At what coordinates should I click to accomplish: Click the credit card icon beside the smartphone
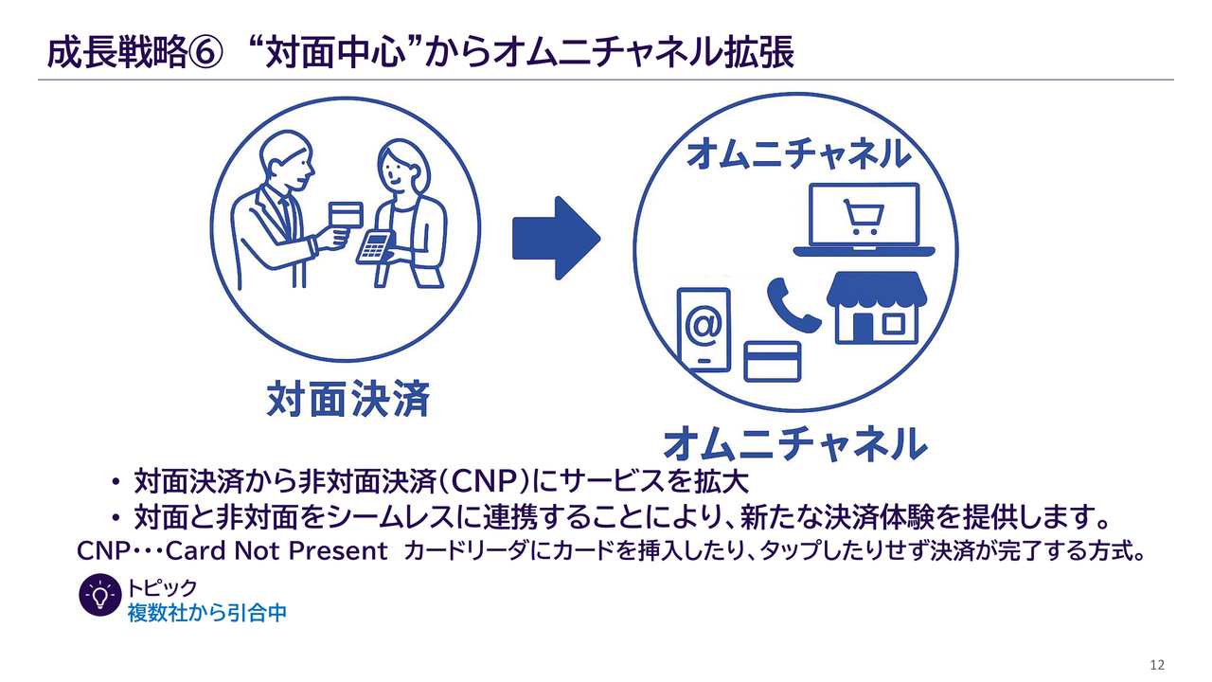(x=773, y=361)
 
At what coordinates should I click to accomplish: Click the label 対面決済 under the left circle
(x=348, y=399)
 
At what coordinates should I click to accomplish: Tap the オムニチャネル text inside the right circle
(x=797, y=153)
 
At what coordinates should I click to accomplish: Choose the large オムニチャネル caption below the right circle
(x=792, y=443)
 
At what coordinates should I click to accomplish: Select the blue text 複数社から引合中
(x=206, y=613)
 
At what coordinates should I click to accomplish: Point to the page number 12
(x=1156, y=664)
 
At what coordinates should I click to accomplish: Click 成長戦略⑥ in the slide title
(x=134, y=53)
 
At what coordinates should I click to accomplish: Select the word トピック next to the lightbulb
(x=162, y=588)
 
